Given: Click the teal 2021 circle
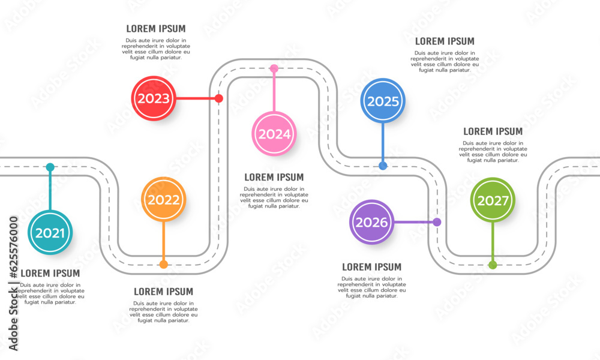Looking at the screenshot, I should pos(50,233).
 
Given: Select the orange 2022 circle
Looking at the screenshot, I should pos(164,200).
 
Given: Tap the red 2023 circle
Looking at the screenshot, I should pos(154,98).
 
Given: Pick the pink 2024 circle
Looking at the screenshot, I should pos(274,133).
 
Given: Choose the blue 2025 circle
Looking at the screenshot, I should pos(383,101).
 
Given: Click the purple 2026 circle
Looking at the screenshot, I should pos(372,222).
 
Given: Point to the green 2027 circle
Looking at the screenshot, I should pos(493,200).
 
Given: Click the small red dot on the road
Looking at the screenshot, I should pos(219,98).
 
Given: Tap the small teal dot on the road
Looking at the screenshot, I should pos(50,167).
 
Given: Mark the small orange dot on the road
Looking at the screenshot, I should pos(164,264).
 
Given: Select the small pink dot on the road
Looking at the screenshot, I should pos(274,68).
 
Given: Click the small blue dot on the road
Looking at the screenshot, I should pos(383,166).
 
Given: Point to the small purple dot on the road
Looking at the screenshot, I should pos(437,222).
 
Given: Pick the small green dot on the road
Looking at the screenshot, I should pos(493,265).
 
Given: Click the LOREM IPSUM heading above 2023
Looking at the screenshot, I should pos(156,29).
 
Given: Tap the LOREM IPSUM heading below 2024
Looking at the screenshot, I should pos(274,178).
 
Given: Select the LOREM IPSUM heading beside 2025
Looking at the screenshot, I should pos(445,41).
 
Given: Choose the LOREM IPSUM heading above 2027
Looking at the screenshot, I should pos(493,131).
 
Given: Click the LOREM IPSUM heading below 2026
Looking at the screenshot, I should pos(372,267).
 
